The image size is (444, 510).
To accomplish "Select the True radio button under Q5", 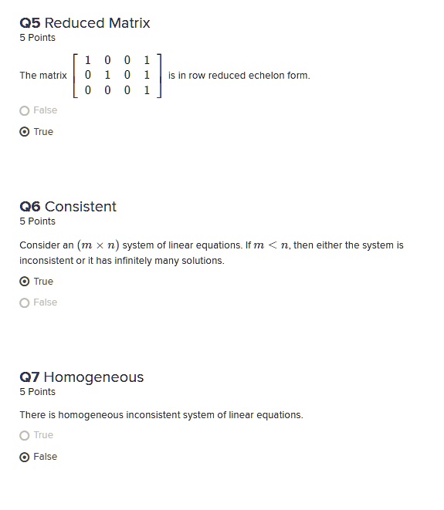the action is [25, 132].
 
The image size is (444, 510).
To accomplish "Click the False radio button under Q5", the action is [25, 110].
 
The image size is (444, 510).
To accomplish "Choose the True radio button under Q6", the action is [25, 282].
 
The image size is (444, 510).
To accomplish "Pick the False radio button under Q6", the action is [25, 302].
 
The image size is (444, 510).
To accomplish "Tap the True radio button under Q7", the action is [25, 435].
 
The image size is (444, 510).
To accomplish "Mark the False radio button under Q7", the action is [25, 457].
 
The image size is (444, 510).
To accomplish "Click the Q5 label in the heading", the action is [30, 23].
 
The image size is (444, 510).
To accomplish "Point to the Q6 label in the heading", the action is [30, 207].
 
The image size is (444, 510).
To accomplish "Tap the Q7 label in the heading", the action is [29, 377].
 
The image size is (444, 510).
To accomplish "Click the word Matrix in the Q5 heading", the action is [129, 23].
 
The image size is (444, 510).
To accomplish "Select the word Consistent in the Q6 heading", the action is [80, 207].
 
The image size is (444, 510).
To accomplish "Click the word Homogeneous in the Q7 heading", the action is [93, 377].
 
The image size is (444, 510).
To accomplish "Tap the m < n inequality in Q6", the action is [271, 245].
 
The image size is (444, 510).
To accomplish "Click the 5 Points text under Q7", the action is [37, 392].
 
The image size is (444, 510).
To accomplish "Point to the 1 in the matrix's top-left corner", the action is [88, 60].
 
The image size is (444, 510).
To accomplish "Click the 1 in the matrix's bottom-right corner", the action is [147, 90].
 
